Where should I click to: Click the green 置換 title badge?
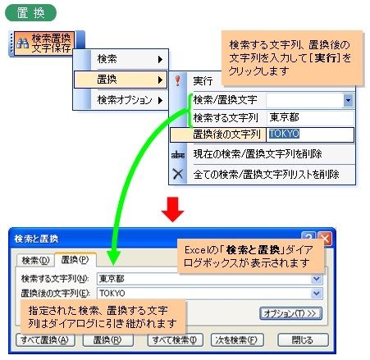(30, 13)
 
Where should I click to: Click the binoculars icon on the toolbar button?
(22, 43)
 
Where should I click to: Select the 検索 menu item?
(121, 59)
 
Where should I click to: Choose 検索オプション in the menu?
(121, 100)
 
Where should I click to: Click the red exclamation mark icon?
(178, 81)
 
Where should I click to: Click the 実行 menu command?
(203, 81)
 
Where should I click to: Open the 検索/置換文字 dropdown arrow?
(348, 100)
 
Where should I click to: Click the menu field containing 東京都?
(310, 118)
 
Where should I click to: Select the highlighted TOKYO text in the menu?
(284, 134)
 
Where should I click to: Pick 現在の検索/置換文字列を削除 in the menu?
(258, 154)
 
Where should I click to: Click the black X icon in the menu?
(178, 174)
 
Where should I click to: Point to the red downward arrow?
(172, 209)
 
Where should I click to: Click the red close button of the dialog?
(325, 239)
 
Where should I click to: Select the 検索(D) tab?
(35, 261)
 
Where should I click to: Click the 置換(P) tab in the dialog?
(75, 260)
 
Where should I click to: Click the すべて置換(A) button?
(45, 340)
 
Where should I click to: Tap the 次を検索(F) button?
(237, 340)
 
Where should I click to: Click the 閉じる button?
(303, 340)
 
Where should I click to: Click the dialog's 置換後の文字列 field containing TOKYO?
(210, 294)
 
